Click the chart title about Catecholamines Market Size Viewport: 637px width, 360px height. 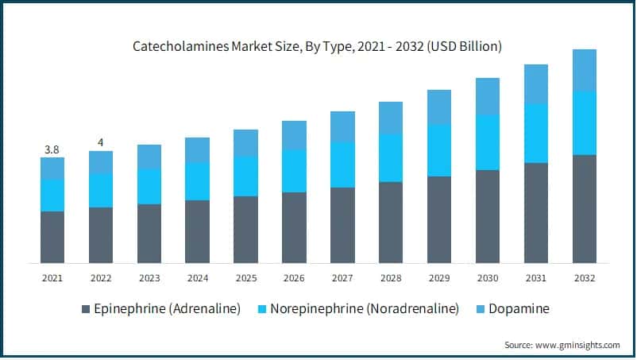pyautogui.click(x=317, y=47)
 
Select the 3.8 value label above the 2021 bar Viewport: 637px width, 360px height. pyautogui.click(x=52, y=149)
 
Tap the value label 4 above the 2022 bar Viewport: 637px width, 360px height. pyautogui.click(x=100, y=142)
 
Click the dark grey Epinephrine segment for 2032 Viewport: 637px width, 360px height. pyautogui.click(x=584, y=208)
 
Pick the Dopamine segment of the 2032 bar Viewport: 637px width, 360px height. pyautogui.click(x=584, y=70)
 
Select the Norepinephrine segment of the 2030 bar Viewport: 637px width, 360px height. pyautogui.click(x=487, y=142)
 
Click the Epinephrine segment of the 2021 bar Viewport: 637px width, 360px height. pyautogui.click(x=52, y=237)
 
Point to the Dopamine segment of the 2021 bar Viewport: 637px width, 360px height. pyautogui.click(x=52, y=168)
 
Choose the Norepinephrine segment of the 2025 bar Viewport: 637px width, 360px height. pyautogui.click(x=245, y=176)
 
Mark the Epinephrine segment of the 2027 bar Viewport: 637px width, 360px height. pyautogui.click(x=342, y=225)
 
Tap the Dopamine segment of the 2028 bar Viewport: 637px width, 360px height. pyautogui.click(x=391, y=118)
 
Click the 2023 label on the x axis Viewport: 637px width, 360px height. pyautogui.click(x=149, y=278)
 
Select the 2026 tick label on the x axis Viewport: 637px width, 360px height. pyautogui.click(x=294, y=278)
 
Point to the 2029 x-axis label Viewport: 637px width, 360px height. pyautogui.click(x=438, y=278)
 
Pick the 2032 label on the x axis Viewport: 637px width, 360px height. pyautogui.click(x=584, y=278)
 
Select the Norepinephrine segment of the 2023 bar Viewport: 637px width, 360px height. pyautogui.click(x=149, y=186)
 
